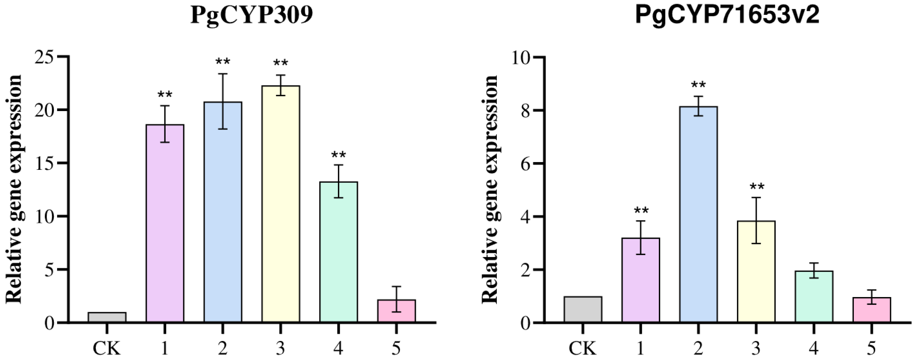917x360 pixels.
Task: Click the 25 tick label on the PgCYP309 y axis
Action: pyautogui.click(x=46, y=57)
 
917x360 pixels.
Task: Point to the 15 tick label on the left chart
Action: pyautogui.click(x=46, y=163)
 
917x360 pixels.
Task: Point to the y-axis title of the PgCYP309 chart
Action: pyautogui.click(x=14, y=189)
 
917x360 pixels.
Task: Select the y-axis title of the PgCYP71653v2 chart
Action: pyautogui.click(x=490, y=189)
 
